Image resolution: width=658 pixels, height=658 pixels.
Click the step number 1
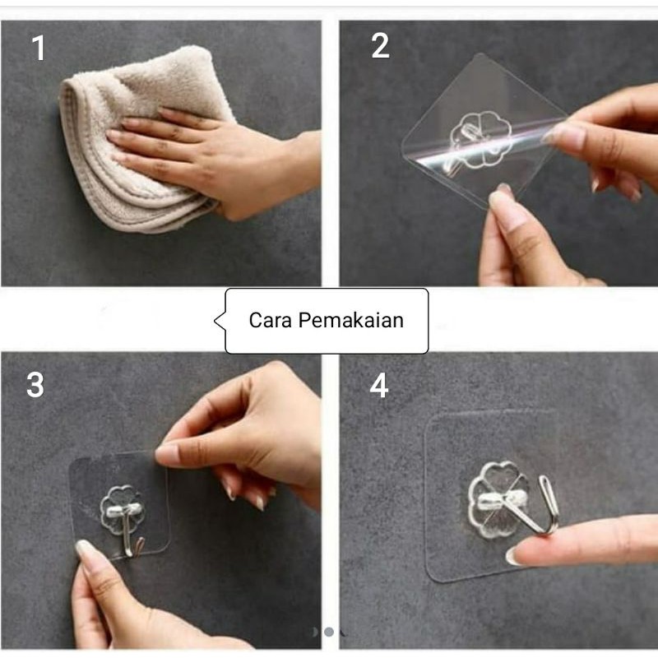coord(39,48)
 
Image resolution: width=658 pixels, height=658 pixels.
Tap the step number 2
coord(380,46)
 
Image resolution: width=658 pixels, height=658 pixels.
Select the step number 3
coord(35,384)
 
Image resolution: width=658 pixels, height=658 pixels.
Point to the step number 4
coord(378,385)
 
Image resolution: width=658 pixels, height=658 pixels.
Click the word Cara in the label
coord(271,320)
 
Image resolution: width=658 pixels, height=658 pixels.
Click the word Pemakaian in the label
coord(351,320)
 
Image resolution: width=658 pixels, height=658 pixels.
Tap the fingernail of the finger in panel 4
coord(512,557)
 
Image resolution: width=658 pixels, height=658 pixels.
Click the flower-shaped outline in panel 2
coord(481,139)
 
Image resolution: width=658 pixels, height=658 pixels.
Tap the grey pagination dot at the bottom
coord(329,632)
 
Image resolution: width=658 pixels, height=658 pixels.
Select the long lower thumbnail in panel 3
coord(83,548)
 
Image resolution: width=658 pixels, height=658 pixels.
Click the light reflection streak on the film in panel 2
coord(483,145)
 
